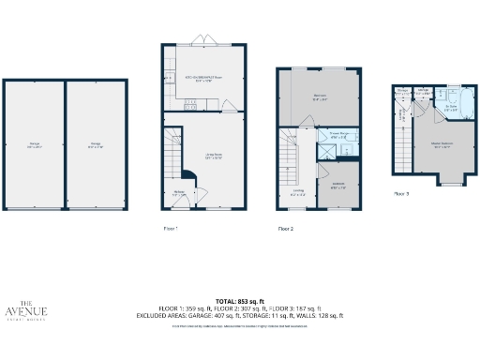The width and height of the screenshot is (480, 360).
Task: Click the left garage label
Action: click(34, 144)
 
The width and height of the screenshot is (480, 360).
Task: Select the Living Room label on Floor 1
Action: click(213, 156)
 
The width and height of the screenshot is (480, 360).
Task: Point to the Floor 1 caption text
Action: click(170, 228)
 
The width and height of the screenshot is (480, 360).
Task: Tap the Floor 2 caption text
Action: click(286, 228)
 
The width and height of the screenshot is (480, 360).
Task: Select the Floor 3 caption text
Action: click(401, 193)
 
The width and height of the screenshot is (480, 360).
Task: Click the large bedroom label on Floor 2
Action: click(318, 97)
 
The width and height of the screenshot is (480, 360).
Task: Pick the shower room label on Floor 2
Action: click(338, 135)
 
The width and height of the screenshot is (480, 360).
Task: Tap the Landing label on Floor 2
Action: click(298, 192)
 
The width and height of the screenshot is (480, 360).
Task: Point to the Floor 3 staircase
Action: click(401, 151)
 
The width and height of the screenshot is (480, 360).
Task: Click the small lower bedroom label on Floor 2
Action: click(338, 186)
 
